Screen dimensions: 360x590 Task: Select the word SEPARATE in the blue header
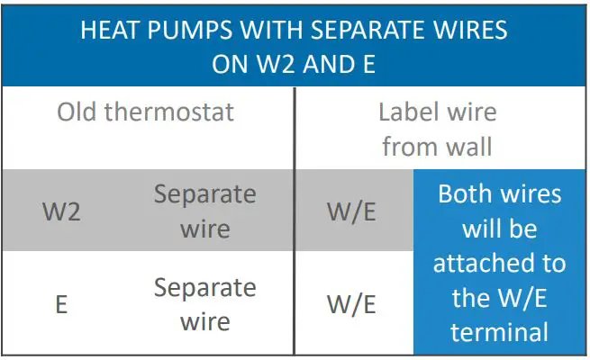pos(361,31)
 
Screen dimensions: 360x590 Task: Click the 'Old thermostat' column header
pos(145,112)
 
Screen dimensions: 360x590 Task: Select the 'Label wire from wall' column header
pos(437,129)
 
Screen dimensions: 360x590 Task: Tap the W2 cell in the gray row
pos(61,211)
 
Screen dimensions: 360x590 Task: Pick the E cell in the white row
pos(61,304)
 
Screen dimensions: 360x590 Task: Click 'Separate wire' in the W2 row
pos(204,211)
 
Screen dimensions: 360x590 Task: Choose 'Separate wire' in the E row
pos(204,304)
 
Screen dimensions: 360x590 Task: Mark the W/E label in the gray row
pos(351,211)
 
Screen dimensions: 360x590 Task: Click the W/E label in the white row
pos(351,304)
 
